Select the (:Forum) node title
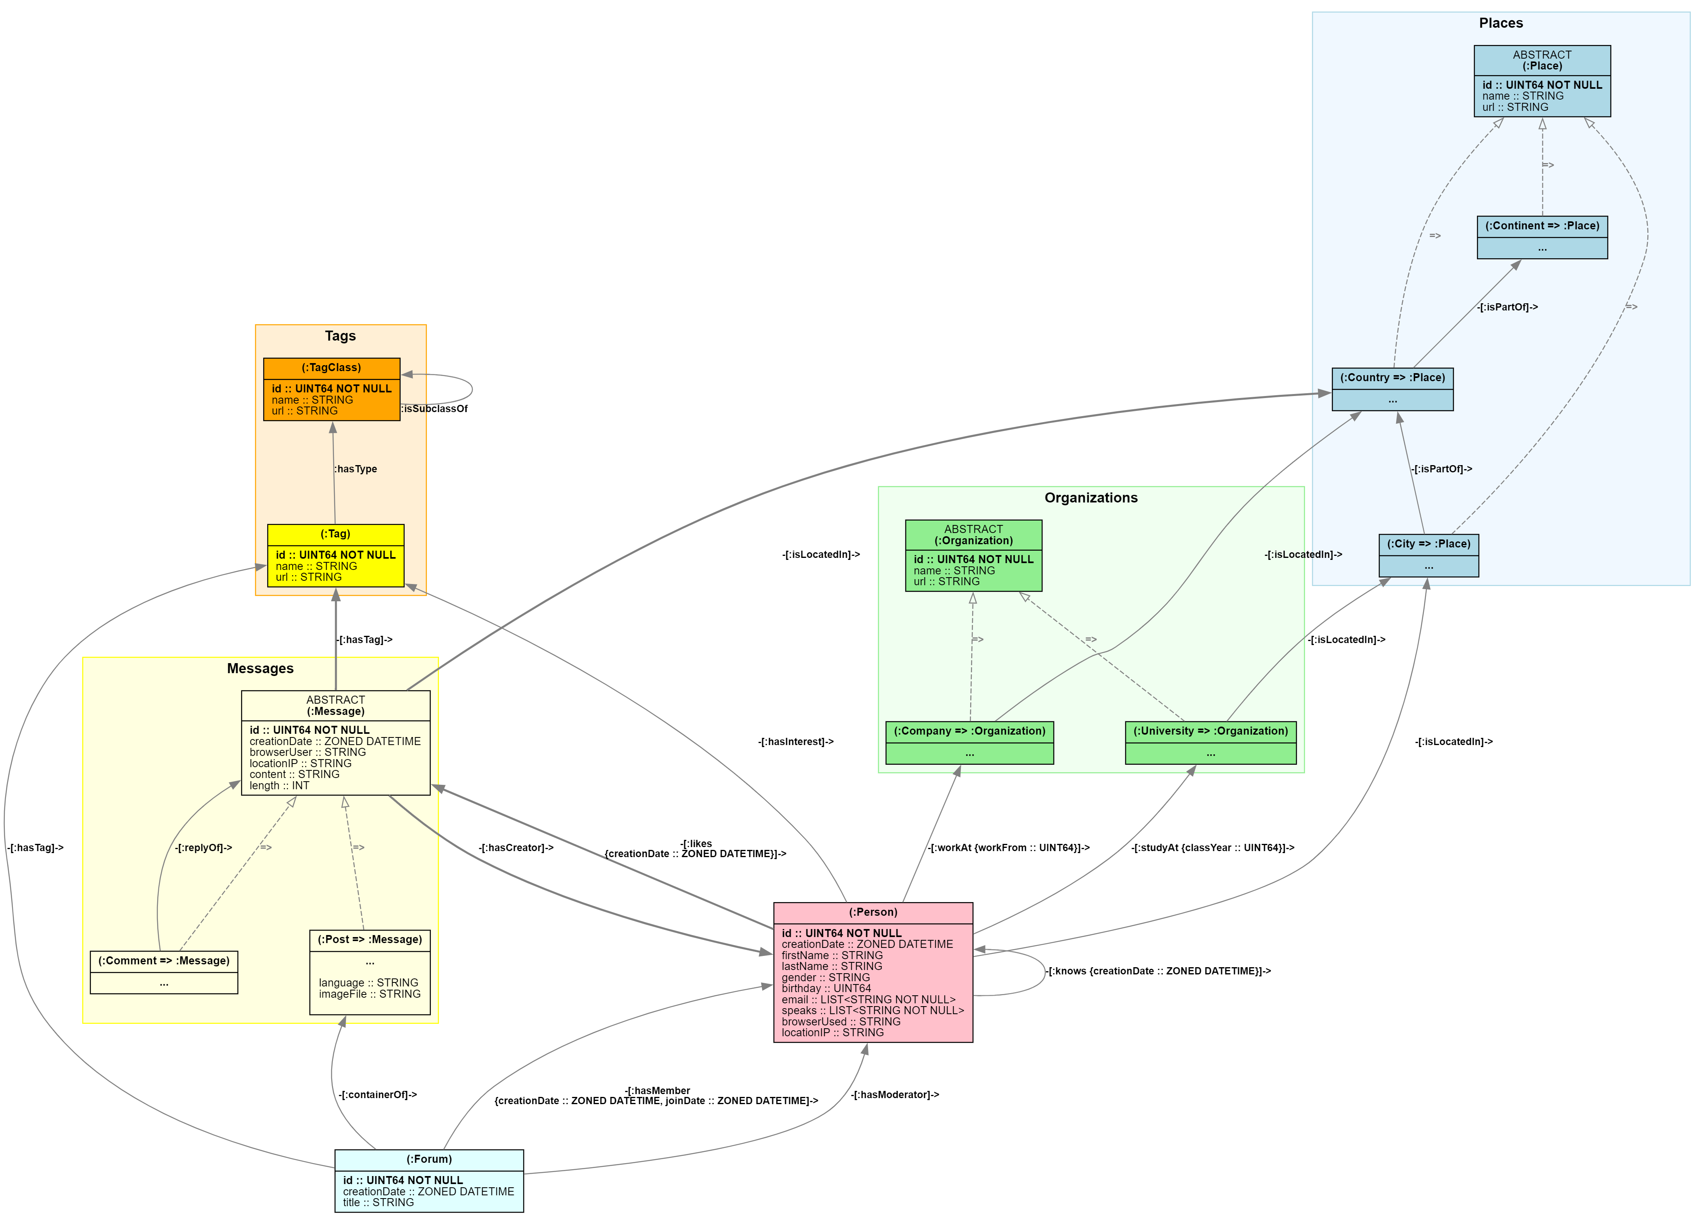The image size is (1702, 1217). [429, 1159]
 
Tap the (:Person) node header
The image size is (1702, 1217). [873, 912]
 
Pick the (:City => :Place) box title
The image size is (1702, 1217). [1428, 544]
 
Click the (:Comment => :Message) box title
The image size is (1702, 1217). [164, 961]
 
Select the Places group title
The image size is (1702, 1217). [1500, 23]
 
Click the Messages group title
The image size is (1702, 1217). [260, 668]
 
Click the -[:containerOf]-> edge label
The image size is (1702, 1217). [377, 1095]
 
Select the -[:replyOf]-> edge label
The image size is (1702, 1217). [203, 847]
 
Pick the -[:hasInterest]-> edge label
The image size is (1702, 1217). [795, 742]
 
